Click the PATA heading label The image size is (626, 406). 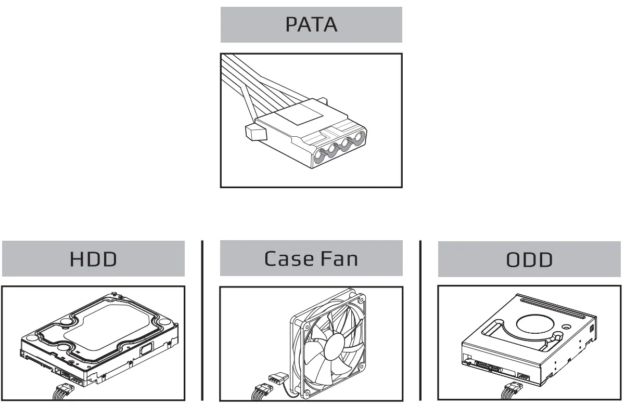click(x=311, y=24)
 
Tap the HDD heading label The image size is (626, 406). click(x=93, y=258)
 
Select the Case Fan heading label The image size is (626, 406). click(x=311, y=258)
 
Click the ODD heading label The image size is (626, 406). click(x=529, y=259)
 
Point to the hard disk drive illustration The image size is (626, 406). click(x=99, y=338)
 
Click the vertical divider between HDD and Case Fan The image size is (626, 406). click(x=202, y=320)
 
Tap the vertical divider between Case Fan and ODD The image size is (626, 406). click(x=420, y=320)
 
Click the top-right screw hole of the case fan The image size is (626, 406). click(x=360, y=299)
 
